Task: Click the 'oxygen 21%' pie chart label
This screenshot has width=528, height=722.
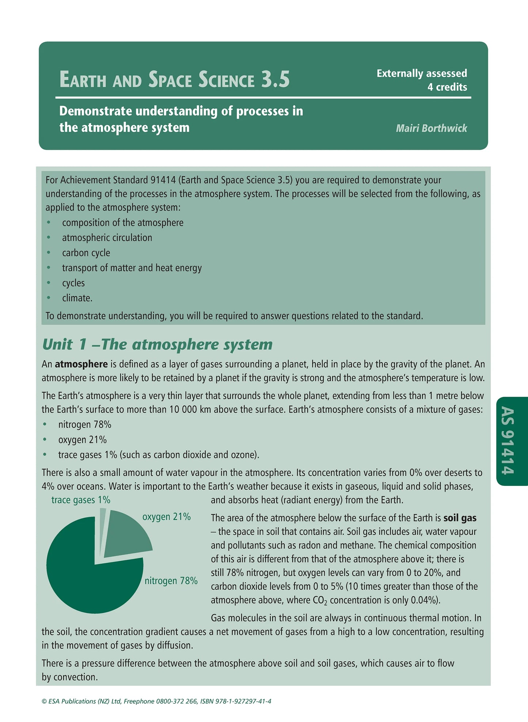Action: pyautogui.click(x=166, y=517)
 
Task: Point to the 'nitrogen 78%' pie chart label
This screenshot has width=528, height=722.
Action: pyautogui.click(x=171, y=581)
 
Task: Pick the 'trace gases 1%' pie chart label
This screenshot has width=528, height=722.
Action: pyautogui.click(x=81, y=500)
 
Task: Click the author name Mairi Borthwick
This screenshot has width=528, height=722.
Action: pyautogui.click(x=431, y=128)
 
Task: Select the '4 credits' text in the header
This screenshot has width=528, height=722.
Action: pyautogui.click(x=447, y=87)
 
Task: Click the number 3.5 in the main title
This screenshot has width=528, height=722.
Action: pyautogui.click(x=275, y=79)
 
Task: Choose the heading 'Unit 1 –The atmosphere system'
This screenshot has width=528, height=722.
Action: pyautogui.click(x=157, y=344)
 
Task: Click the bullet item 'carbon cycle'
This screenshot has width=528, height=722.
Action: pyautogui.click(x=86, y=253)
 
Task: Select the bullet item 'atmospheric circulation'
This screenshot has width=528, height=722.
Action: pyautogui.click(x=107, y=238)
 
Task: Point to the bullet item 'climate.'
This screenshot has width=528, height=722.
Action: pyautogui.click(x=77, y=298)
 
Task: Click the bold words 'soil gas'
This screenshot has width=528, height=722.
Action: pyautogui.click(x=460, y=518)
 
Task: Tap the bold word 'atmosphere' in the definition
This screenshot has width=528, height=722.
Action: pyautogui.click(x=81, y=364)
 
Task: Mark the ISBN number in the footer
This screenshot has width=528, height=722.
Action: pyautogui.click(x=236, y=701)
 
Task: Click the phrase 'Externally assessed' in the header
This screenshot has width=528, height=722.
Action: pyautogui.click(x=422, y=73)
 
